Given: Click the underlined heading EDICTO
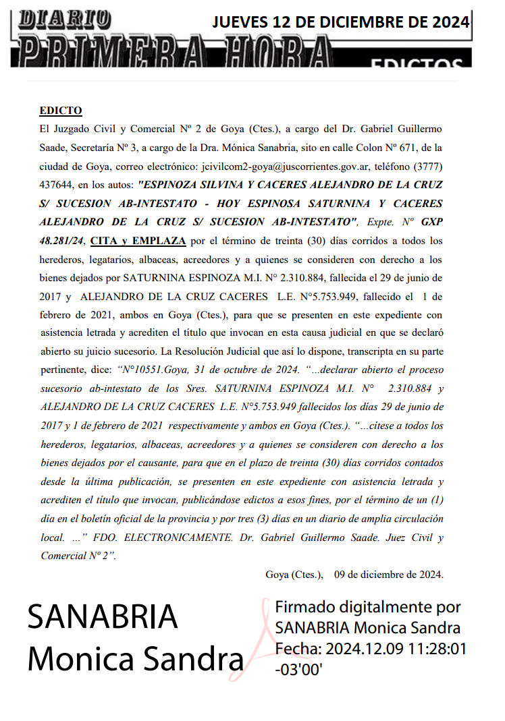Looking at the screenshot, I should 61,111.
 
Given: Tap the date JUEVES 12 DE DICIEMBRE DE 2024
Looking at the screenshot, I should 341,22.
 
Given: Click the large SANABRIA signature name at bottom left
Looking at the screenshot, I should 103,616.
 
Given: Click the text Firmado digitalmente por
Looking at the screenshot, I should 368,607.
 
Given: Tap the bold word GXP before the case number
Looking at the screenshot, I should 432,221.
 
